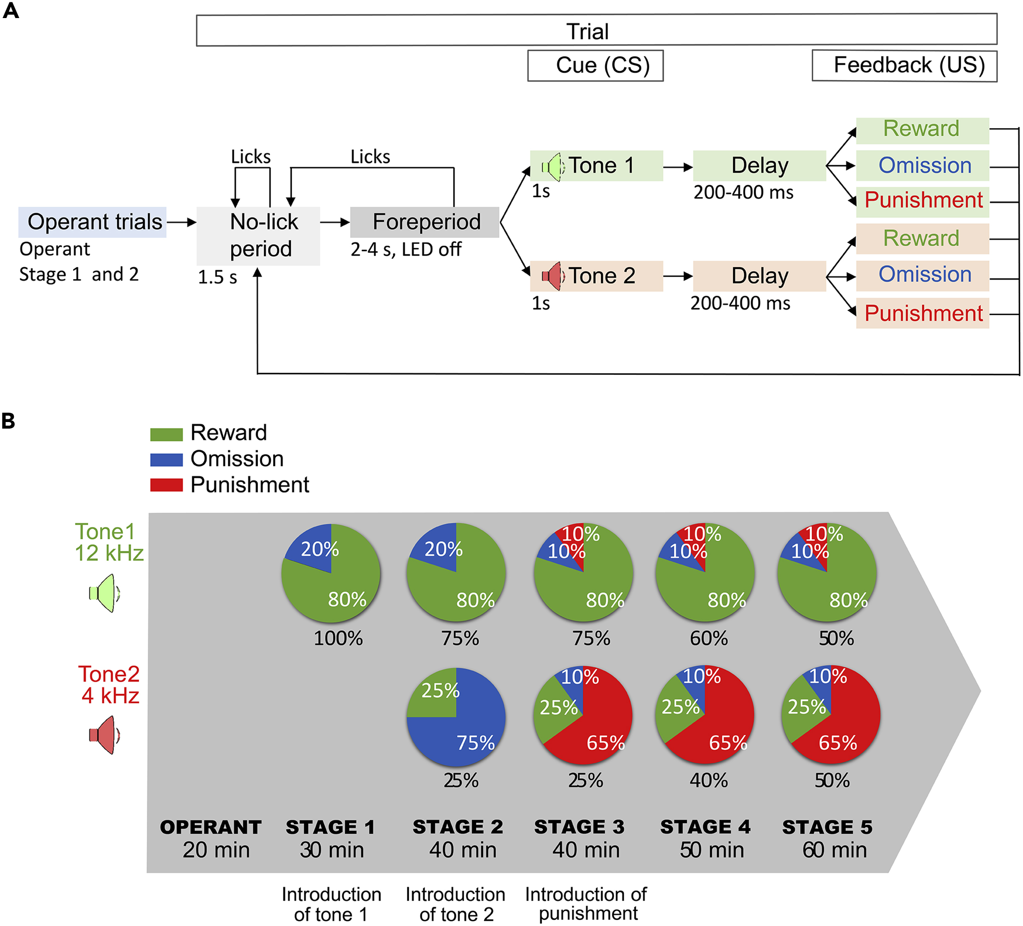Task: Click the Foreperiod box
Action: pyautogui.click(x=424, y=222)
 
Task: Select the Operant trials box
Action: pyautogui.click(x=92, y=222)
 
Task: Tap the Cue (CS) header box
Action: pyautogui.click(x=595, y=65)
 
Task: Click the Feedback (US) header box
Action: pyautogui.click(x=904, y=65)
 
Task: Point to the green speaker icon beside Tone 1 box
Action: pyautogui.click(x=552, y=166)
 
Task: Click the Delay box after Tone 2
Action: pyautogui.click(x=759, y=276)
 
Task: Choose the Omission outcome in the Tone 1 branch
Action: pyautogui.click(x=922, y=166)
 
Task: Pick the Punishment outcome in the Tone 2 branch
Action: pyautogui.click(x=922, y=313)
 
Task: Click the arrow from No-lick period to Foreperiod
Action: pyautogui.click(x=334, y=222)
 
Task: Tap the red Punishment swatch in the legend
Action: pyautogui.click(x=166, y=485)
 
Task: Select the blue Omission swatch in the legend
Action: pyautogui.click(x=166, y=460)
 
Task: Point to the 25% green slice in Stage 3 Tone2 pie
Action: pyautogui.click(x=556, y=710)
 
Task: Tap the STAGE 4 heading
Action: pyautogui.click(x=705, y=827)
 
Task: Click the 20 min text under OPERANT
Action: pyautogui.click(x=216, y=850)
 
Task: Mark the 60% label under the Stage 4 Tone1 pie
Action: pyautogui.click(x=709, y=638)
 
